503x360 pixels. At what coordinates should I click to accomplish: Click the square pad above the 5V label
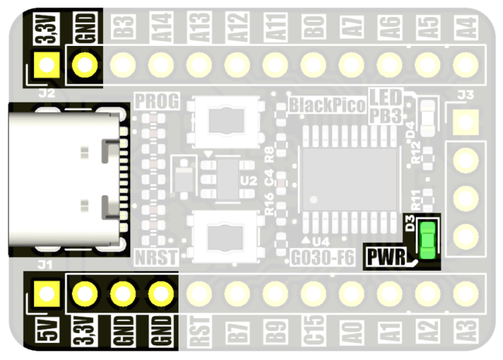tap(46, 293)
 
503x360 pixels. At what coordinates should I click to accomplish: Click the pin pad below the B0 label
tap(312, 64)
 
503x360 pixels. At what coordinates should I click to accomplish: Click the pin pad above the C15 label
tap(312, 293)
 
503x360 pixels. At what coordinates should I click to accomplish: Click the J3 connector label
tap(466, 96)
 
